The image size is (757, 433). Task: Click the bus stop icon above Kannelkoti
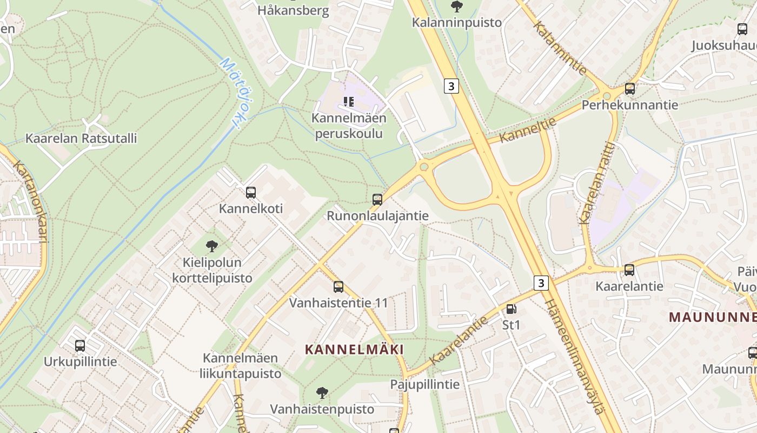(x=250, y=192)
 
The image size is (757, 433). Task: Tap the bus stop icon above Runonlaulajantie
(x=377, y=199)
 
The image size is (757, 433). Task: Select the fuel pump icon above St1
(x=511, y=309)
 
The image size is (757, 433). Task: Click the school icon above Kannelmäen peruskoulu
(x=349, y=101)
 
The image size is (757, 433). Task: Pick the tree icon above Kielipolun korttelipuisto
(x=212, y=246)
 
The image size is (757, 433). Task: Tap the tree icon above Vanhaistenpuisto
(x=322, y=392)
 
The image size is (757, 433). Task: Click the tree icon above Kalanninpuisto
(x=457, y=6)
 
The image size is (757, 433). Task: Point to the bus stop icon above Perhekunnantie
(x=629, y=88)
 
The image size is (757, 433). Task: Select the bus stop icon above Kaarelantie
(x=629, y=270)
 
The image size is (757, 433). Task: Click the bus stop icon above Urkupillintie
(x=80, y=345)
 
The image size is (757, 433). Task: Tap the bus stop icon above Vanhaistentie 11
(x=338, y=287)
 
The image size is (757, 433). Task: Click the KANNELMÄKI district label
(x=354, y=349)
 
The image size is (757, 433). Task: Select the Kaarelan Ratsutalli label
(x=81, y=138)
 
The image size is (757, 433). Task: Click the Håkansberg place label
(x=293, y=10)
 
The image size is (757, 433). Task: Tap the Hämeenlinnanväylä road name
(x=575, y=356)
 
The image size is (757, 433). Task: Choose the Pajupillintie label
(x=425, y=384)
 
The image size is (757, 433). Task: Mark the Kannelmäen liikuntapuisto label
(x=241, y=365)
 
